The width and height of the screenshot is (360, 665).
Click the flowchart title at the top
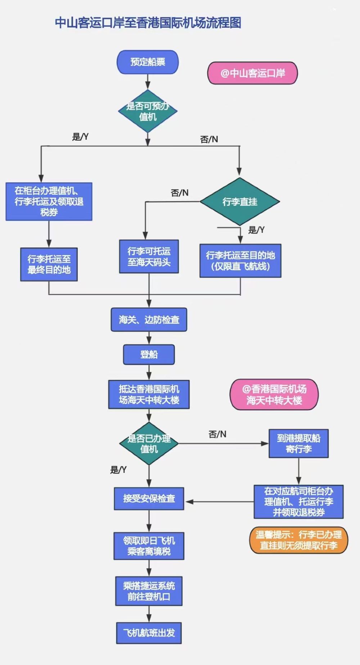click(x=148, y=23)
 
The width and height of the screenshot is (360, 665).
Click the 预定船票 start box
click(x=148, y=62)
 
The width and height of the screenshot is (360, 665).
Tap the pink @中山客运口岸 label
click(x=252, y=73)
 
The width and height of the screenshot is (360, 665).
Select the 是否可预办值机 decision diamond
click(x=148, y=111)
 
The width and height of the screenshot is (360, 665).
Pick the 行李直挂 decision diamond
click(x=240, y=202)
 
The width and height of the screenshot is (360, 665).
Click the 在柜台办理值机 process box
click(x=49, y=202)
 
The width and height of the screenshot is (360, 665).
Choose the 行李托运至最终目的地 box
click(x=49, y=264)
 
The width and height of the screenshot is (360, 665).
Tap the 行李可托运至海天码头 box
click(x=149, y=257)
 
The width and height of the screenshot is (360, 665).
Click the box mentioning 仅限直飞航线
click(x=240, y=261)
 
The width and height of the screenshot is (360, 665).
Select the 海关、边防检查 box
click(x=149, y=320)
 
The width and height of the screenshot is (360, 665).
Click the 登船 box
click(x=149, y=354)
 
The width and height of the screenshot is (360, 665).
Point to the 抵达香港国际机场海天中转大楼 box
click(x=149, y=394)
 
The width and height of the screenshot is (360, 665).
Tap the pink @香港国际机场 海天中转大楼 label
click(x=274, y=395)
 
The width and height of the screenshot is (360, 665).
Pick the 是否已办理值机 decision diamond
click(x=149, y=444)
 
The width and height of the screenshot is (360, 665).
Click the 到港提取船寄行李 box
click(x=298, y=443)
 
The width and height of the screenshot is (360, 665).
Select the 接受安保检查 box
click(x=149, y=498)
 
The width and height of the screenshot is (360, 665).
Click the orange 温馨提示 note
click(x=299, y=540)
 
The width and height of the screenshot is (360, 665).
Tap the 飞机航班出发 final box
click(x=149, y=633)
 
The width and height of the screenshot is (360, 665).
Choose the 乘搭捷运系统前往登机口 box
click(x=149, y=591)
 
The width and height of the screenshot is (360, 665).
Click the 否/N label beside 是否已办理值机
click(x=217, y=434)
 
